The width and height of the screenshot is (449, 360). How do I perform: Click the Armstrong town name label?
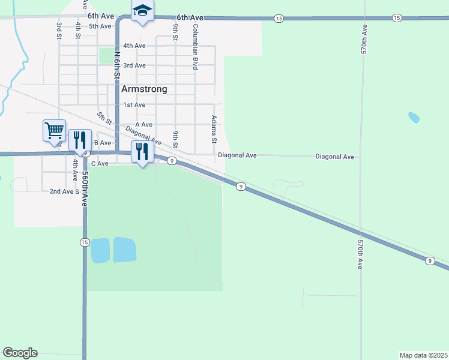pos(144,89)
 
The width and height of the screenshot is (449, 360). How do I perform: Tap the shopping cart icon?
pos(53,130)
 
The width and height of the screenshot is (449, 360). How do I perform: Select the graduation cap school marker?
pos(142,11)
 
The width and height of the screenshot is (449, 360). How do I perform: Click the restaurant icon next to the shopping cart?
pos(79,140)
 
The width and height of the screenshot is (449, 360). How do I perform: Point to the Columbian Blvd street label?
pos(195,47)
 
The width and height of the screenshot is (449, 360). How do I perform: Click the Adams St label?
pos(214,130)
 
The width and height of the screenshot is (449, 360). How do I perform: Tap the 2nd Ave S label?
pos(64,191)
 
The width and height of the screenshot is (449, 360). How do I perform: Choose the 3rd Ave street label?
pos(134,65)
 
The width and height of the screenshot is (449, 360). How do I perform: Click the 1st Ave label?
pos(134,105)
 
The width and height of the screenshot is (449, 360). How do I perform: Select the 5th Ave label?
pos(100,26)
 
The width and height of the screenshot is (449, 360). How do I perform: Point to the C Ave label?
pos(100,163)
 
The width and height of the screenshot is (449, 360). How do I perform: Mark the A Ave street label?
pos(143,124)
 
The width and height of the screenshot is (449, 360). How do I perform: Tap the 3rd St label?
pos(59,31)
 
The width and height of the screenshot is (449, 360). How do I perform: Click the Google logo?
pos(20,353)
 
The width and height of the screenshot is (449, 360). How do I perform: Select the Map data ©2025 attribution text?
pos(423,355)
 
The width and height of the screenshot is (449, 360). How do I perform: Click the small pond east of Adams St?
pos(414,117)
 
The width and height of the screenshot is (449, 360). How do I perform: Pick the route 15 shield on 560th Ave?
pos(84,242)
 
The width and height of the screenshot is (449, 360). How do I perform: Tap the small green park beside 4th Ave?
pos(106,55)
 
